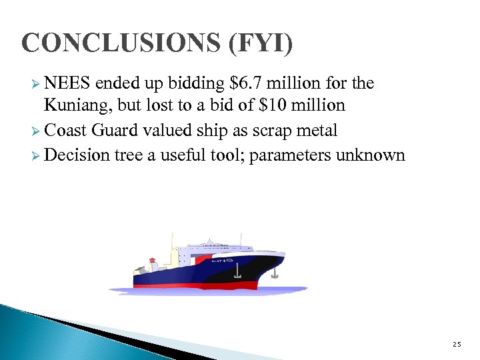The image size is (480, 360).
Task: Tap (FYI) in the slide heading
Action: pyautogui.click(x=261, y=43)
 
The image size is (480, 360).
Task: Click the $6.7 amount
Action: pyautogui.click(x=246, y=83)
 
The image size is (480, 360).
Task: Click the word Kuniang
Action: pyautogui.click(x=74, y=105)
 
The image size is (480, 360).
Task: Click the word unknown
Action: pyautogui.click(x=372, y=155)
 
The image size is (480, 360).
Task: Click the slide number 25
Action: pyautogui.click(x=456, y=344)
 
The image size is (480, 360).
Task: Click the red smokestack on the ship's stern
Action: pyautogui.click(x=152, y=261)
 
